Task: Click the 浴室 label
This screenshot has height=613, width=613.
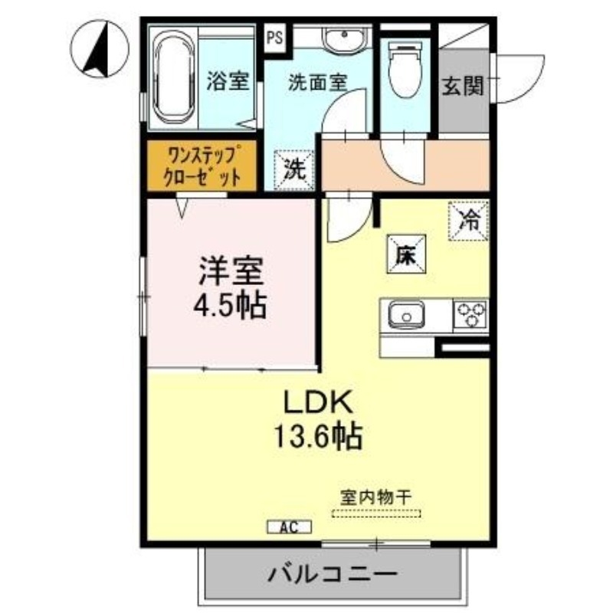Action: [228, 81]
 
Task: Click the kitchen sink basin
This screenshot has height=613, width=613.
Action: [406, 314]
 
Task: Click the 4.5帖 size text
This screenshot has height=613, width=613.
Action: [230, 305]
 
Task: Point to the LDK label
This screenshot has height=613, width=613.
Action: [317, 402]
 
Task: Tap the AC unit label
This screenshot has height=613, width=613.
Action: [290, 526]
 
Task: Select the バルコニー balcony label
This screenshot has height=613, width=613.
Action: [331, 574]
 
